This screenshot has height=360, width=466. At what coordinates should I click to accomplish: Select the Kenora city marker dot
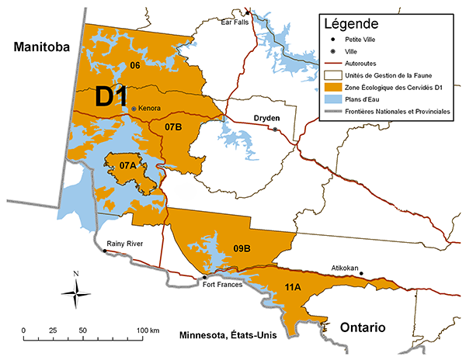134,109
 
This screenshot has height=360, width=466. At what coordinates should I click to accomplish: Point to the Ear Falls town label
235,22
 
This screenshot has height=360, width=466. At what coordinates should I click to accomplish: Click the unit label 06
134,64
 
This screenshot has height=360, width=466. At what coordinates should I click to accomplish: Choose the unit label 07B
173,126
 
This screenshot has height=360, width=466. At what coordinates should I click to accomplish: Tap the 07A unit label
127,165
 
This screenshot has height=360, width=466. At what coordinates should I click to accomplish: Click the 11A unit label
293,288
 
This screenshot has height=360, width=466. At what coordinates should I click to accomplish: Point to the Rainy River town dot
105,251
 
